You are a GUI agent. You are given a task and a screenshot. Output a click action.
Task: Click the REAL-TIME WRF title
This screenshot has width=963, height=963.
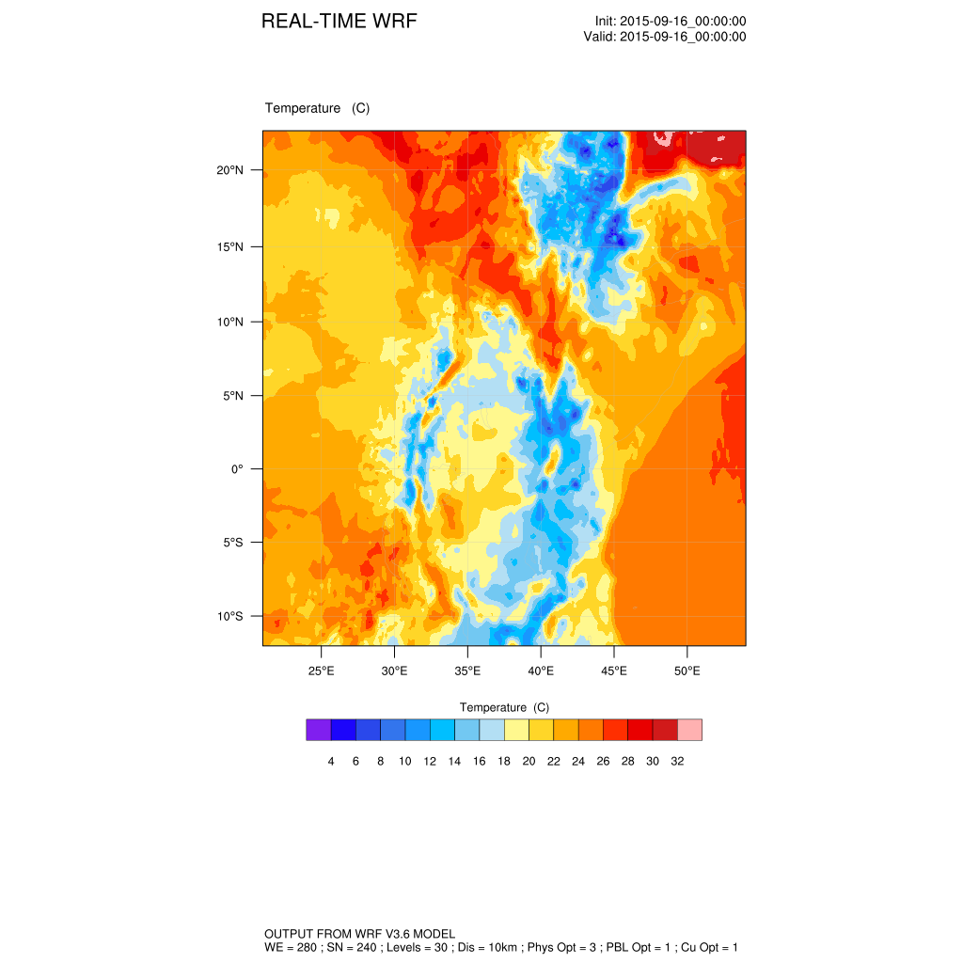pos(339,22)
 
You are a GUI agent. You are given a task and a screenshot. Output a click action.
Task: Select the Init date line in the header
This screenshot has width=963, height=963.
pos(671,22)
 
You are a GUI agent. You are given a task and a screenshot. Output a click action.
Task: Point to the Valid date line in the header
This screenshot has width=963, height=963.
pos(665,37)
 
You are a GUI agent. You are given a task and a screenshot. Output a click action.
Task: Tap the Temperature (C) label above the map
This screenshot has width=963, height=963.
pos(317,108)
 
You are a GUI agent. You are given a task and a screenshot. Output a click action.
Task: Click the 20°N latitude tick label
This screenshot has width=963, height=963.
pos(229,170)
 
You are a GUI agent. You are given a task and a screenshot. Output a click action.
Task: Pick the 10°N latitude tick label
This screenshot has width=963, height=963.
pos(229,322)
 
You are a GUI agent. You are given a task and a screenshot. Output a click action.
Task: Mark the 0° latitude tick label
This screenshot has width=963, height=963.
pos(237,468)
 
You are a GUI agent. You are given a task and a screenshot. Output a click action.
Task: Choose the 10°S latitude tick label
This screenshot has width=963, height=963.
pos(229,616)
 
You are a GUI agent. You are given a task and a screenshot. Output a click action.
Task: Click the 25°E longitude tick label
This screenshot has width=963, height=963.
pos(321,671)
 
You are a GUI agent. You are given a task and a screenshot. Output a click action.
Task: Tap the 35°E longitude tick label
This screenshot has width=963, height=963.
pos(467,671)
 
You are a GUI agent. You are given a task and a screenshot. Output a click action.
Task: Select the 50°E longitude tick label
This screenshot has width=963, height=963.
pos(687,671)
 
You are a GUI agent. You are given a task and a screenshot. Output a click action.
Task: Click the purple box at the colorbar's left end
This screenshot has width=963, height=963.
pos(318,730)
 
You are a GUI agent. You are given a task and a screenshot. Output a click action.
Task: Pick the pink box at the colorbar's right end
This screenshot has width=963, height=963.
pos(690,730)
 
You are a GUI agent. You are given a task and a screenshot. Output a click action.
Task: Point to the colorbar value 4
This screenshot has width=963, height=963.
pos(331,761)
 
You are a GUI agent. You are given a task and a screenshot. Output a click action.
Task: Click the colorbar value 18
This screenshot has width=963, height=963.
pos(504,761)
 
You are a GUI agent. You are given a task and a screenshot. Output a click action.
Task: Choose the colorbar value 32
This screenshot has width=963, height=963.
pos(677,761)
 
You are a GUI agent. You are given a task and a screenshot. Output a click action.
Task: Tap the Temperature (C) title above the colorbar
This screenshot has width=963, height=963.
pos(504,707)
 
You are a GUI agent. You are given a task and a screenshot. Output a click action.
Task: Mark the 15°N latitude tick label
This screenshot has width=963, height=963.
pos(229,247)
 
